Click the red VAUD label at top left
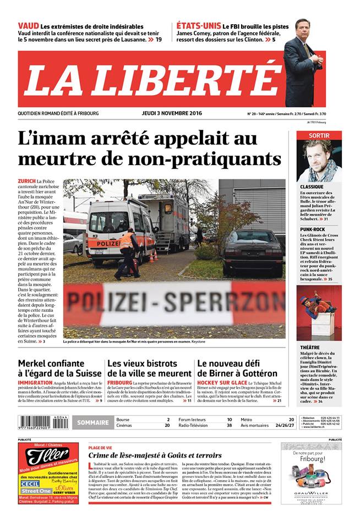[28, 26]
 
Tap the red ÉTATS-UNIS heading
[198, 26]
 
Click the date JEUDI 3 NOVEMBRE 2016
[168, 113]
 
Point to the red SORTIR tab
[319, 135]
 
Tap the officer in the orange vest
[127, 253]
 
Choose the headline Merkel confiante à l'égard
[59, 369]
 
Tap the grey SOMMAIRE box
[92, 422]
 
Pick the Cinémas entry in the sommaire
[124, 426]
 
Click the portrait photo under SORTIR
[319, 161]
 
